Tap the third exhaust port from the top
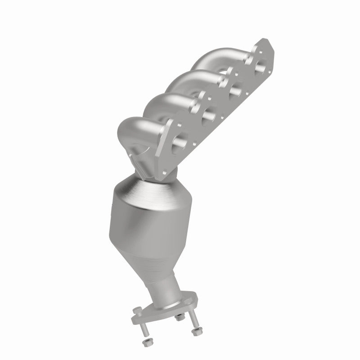[x=207, y=115]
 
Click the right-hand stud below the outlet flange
[x=194, y=322]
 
